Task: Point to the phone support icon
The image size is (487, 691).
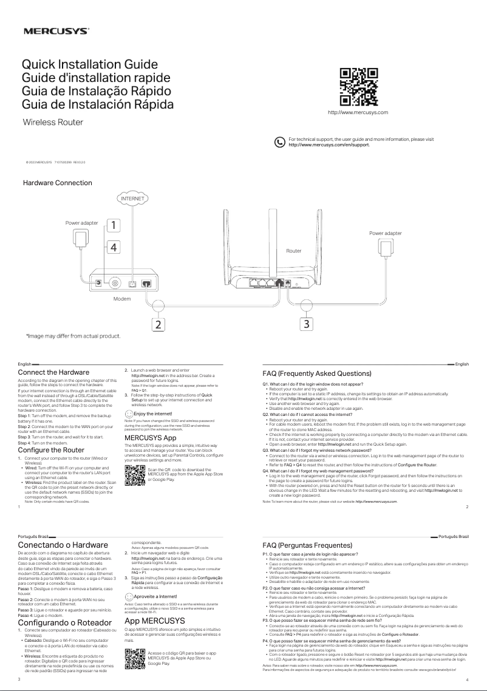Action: coord(280,142)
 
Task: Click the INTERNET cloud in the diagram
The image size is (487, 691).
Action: coord(132,199)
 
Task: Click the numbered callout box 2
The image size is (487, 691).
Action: coord(158,325)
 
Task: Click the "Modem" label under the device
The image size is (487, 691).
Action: coord(122,299)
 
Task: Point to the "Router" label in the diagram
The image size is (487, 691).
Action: coord(294,250)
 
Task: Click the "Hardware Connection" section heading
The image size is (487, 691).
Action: coord(57,183)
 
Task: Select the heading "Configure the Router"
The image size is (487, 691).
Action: coord(51,450)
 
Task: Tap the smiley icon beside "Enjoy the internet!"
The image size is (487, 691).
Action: coord(128,413)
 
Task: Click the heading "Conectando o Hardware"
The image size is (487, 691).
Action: coord(63,545)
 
